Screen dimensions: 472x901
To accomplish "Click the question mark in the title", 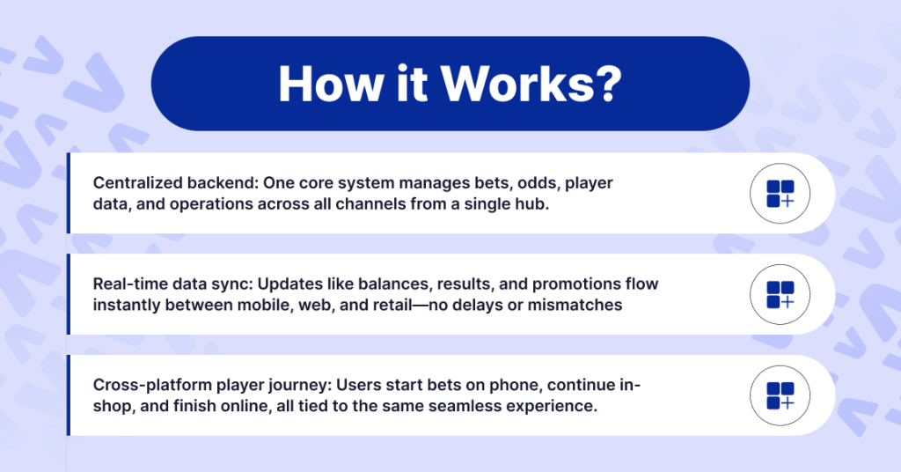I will tap(606, 84).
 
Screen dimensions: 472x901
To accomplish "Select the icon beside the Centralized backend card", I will tap(780, 194).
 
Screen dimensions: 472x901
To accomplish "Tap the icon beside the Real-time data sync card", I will tap(780, 295).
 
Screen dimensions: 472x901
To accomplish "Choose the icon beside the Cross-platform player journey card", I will tap(780, 396).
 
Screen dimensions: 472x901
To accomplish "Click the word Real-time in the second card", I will tap(126, 284).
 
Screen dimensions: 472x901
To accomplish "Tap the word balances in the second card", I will tap(398, 284).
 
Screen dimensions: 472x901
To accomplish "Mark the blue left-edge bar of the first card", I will tap(68, 193).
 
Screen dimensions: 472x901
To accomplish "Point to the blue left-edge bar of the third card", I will tap(68, 395).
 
